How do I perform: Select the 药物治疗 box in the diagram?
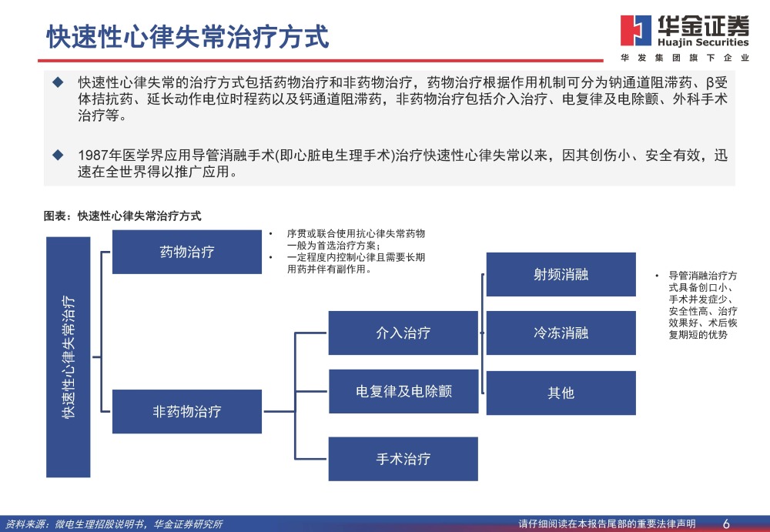coord(186,252)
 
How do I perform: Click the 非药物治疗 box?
coord(186,411)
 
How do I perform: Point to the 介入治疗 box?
coord(403,333)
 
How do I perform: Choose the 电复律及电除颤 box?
coord(403,391)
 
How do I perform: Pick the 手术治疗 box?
coord(403,459)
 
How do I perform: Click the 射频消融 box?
coord(561,274)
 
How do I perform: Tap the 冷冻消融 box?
coord(561,333)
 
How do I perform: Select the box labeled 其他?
coord(561,393)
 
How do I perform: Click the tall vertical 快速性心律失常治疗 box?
coord(69,356)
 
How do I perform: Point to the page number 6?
coord(726,524)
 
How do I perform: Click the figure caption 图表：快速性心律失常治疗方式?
coord(122,216)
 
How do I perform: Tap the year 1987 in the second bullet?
coord(92,156)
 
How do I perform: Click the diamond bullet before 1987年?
coord(57,155)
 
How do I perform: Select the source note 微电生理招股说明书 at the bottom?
coord(99,524)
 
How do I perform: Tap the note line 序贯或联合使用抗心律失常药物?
coord(356,233)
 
